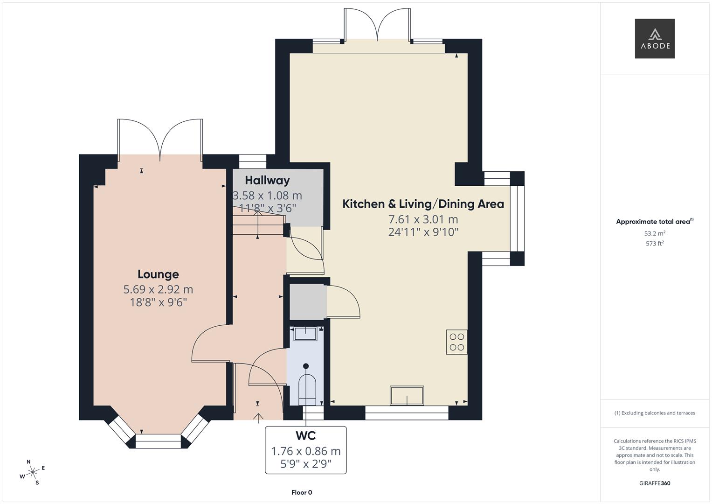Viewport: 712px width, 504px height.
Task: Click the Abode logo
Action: click(x=654, y=39)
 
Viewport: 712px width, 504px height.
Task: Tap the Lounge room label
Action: click(x=158, y=274)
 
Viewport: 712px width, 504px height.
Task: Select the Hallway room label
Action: click(x=267, y=181)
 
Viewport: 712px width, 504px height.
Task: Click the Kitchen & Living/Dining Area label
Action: click(x=423, y=204)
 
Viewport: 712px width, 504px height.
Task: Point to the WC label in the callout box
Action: click(x=305, y=436)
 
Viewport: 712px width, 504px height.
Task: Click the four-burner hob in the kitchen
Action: click(x=456, y=342)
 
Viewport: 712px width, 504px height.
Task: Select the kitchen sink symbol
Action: click(x=407, y=396)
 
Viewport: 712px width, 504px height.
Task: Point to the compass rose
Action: click(x=33, y=472)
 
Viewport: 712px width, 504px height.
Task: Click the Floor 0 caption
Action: click(x=301, y=492)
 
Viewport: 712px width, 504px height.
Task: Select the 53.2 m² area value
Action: click(x=654, y=233)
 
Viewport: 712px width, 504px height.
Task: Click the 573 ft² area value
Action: click(x=654, y=244)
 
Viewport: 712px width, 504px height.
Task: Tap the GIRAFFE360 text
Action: click(x=654, y=483)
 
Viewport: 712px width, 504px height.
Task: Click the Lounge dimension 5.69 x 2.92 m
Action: click(x=158, y=289)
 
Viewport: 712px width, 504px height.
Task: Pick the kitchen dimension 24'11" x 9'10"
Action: click(x=423, y=232)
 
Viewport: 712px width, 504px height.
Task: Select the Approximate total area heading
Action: click(x=654, y=222)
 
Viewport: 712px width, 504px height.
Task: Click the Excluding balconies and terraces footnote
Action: click(x=654, y=413)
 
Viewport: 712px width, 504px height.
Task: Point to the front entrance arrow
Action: click(x=257, y=418)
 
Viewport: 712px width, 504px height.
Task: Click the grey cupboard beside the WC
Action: click(x=307, y=302)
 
